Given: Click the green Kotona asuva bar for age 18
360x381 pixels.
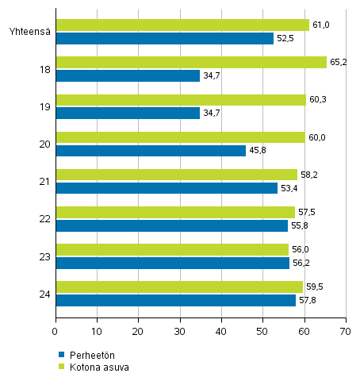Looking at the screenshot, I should click(190, 63).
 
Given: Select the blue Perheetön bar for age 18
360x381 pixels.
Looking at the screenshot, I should click(127, 75).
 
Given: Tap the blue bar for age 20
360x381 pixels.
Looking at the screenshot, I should click(151, 150).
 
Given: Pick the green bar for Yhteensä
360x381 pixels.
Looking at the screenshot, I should click(182, 25).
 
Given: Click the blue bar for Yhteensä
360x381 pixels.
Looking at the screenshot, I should click(164, 38).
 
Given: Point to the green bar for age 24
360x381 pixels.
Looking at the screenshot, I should click(178, 287).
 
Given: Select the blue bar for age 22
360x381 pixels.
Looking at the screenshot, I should click(171, 225).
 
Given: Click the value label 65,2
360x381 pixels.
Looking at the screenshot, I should click(338, 63).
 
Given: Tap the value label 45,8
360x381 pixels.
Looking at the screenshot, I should click(258, 150).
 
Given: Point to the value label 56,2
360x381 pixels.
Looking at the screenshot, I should click(301, 263).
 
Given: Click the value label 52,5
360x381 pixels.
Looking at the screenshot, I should click(285, 38).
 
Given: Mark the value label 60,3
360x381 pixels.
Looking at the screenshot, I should click(317, 100).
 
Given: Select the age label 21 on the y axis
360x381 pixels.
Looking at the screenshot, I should click(44, 182).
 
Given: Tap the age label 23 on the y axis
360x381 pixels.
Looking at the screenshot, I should click(44, 256).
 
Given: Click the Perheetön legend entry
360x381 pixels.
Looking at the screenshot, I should click(86, 354).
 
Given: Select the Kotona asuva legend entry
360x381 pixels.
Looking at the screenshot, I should click(94, 367).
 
